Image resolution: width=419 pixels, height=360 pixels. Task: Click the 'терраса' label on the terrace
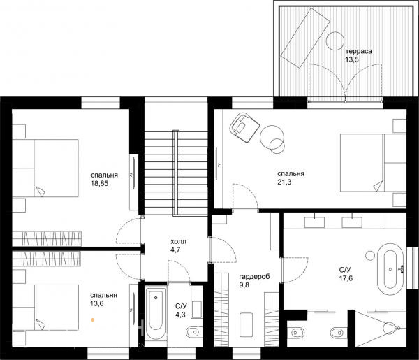359,51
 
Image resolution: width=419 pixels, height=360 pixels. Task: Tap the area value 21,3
284,182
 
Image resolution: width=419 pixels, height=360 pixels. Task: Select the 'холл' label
178,242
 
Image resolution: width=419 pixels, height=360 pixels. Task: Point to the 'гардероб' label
254,277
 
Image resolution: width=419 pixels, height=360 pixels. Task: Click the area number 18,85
99,183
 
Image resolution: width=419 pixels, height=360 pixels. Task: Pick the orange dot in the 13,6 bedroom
93,319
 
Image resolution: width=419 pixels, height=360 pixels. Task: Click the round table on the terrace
335,41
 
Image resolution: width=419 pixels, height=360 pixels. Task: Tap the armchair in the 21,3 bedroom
244,127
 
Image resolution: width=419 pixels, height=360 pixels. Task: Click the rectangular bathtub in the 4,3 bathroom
156,312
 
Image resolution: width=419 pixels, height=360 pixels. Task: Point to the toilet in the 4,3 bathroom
193,333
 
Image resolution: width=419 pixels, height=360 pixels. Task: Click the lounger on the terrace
305,38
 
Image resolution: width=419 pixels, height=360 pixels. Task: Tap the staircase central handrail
176,173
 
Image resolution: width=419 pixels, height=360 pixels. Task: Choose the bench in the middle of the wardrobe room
246,324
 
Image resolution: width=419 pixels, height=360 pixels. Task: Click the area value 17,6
346,278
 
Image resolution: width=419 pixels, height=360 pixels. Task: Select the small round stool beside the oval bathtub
370,256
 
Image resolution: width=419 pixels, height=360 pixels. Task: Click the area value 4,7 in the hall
175,250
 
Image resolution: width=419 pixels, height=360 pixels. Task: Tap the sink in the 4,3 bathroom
196,310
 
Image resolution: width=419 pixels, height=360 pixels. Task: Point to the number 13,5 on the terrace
352,59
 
